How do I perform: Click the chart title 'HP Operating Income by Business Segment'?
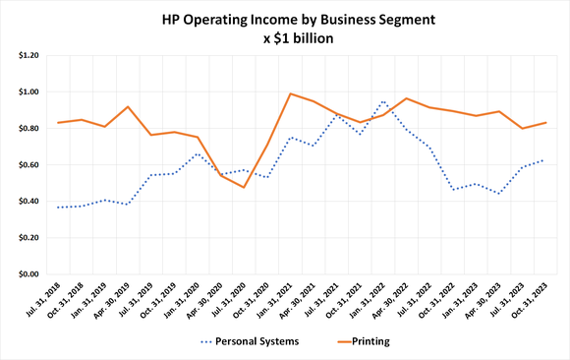click(285, 20)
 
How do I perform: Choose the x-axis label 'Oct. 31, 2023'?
click(530, 299)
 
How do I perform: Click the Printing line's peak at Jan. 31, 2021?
click(290, 93)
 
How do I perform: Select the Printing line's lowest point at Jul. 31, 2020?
click(244, 187)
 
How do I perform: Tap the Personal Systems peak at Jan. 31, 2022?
click(382, 100)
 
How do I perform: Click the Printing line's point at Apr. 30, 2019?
click(128, 106)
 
